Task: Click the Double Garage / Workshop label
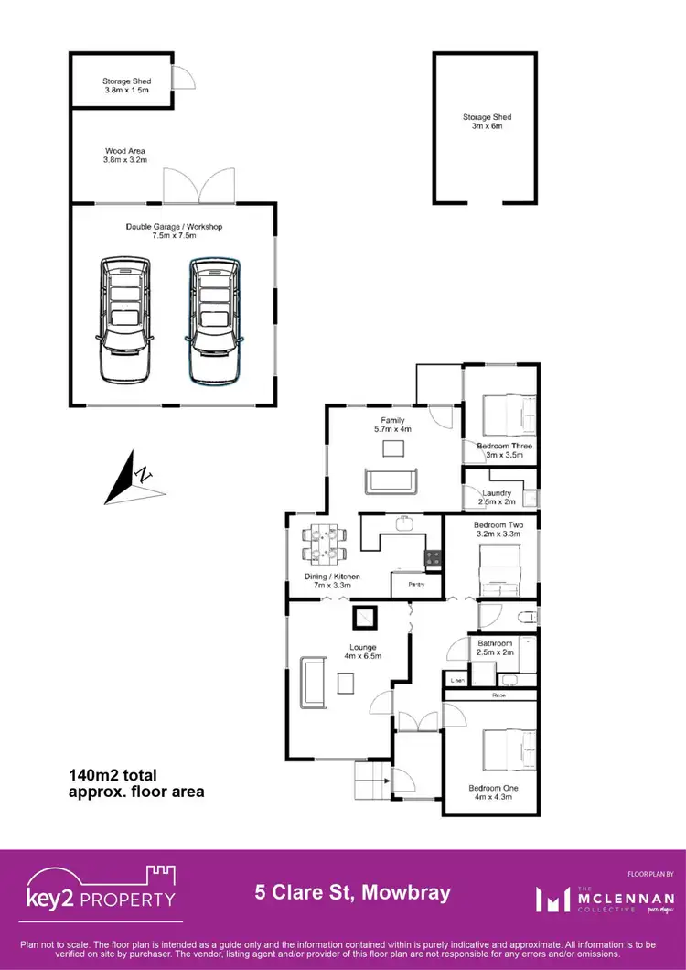coord(174,232)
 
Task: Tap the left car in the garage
coord(125,319)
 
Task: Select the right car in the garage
coord(215,319)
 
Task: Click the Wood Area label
coord(125,156)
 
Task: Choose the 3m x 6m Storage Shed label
coord(487,121)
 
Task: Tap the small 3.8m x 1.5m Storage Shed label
coord(126,86)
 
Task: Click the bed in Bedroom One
coord(500,751)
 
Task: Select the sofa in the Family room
coord(391,480)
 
